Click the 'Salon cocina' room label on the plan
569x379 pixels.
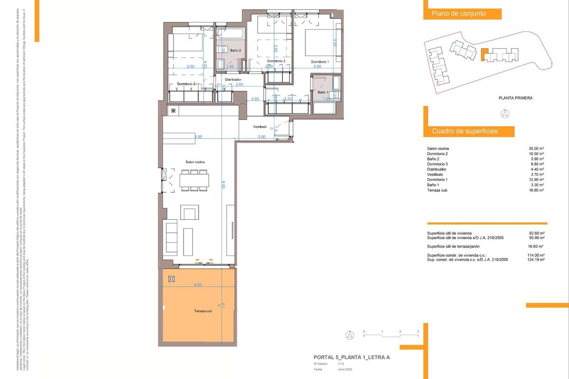pos(195,162)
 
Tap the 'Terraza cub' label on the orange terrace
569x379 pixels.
pos(203,311)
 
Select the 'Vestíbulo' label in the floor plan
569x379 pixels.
pos(259,127)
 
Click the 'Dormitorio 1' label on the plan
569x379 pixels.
pos(320,62)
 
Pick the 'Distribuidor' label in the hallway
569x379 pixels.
pos(233,80)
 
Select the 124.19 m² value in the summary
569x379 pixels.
pos(535,260)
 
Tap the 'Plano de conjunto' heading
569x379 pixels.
pos(458,14)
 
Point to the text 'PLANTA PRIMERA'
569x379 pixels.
pos(515,98)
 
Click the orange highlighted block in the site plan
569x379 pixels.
pos(484,54)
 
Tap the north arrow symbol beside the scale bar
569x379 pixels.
pos(349,335)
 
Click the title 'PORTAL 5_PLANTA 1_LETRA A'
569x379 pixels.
pos(351,358)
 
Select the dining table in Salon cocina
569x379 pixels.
pos(194,180)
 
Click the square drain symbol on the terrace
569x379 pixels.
pos(172,279)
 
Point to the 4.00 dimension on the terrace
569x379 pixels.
pos(198,285)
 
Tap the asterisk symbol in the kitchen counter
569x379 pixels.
pos(173,111)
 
